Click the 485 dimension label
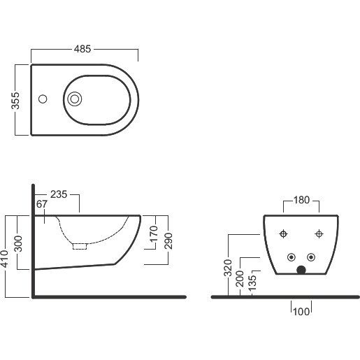pos(82,49)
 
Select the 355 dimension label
pos(15,101)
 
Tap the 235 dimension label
pos(59,194)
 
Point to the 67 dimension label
pos(42,204)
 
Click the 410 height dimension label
pos(5,259)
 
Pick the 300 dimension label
pos(18,244)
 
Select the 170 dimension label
pos(154,233)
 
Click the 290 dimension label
pos(168,241)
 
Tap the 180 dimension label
pos(301,200)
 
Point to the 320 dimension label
pos(228,268)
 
